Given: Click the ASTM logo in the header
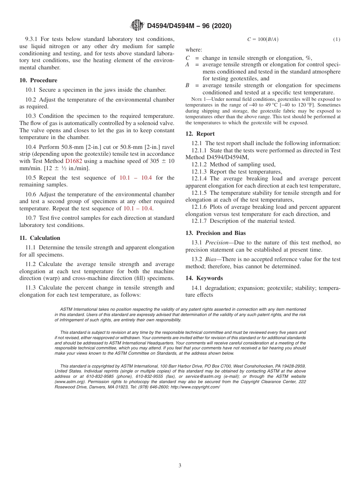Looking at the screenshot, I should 137,25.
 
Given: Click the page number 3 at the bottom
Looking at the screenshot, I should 180,465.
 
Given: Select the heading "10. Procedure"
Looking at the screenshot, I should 38,80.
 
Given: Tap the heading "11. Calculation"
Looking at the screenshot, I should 40,238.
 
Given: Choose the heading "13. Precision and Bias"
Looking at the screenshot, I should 215,233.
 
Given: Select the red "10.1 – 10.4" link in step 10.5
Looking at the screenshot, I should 136,178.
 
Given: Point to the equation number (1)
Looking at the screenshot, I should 337,39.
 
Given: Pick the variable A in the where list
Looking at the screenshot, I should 187,65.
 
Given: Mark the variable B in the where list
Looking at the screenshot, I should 187,86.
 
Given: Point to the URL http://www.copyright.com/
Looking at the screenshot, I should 195,387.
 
